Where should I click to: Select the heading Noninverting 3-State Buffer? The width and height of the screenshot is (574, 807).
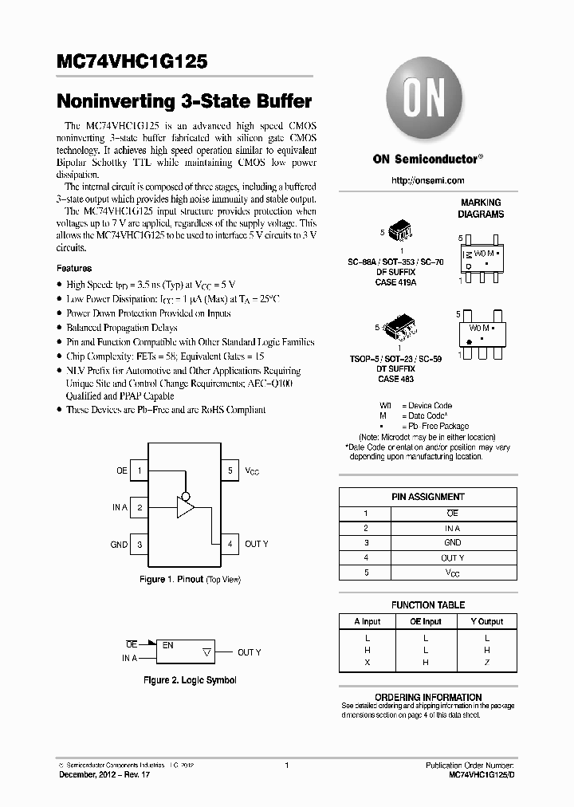click(x=184, y=102)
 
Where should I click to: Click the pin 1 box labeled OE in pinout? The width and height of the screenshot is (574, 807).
click(x=140, y=470)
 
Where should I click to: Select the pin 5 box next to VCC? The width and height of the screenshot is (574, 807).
click(x=230, y=470)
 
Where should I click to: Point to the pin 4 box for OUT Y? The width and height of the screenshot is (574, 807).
click(x=230, y=544)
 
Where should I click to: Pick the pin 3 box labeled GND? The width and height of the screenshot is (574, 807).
click(x=140, y=544)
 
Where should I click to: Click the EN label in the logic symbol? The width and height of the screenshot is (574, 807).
click(x=168, y=644)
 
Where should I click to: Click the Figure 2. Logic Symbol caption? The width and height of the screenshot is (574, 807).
click(x=190, y=680)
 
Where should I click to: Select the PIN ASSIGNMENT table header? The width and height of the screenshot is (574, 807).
click(x=428, y=497)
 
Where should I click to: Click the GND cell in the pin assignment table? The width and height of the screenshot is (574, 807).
click(x=452, y=543)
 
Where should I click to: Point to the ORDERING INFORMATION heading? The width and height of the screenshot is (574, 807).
click(x=428, y=697)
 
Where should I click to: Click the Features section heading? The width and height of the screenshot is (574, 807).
click(x=74, y=269)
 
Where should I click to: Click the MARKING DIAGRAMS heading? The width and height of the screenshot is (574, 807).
click(x=480, y=208)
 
